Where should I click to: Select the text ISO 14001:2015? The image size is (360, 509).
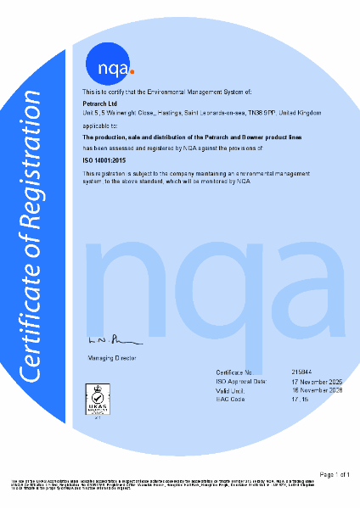(x=102, y=159)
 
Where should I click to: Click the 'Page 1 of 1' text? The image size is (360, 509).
(x=334, y=473)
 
